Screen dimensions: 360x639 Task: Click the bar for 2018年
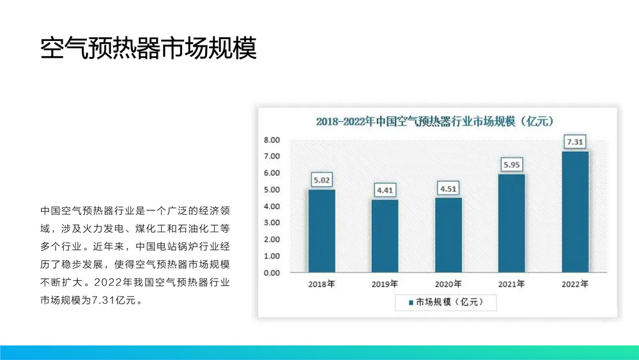(x=321, y=231)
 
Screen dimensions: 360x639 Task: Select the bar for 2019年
(x=385, y=236)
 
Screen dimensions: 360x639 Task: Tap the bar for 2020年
(x=448, y=235)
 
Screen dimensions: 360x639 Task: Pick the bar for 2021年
(x=511, y=223)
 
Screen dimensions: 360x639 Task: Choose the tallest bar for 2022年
(x=575, y=212)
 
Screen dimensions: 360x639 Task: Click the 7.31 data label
(x=575, y=141)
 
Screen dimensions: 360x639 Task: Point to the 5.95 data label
(x=512, y=164)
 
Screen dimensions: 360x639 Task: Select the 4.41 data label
(x=385, y=190)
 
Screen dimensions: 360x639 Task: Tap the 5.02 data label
(x=321, y=180)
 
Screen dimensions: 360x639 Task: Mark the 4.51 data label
(x=448, y=188)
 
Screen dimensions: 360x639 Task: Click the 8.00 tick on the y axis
(x=272, y=140)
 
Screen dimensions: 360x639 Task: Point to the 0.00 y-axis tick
(x=272, y=273)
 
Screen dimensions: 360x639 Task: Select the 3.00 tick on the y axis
(x=272, y=223)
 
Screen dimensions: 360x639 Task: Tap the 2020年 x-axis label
(x=448, y=284)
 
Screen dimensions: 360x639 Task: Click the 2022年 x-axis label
(x=575, y=284)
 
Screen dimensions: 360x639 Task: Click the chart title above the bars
(x=435, y=121)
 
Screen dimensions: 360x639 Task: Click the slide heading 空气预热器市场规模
(x=148, y=48)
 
